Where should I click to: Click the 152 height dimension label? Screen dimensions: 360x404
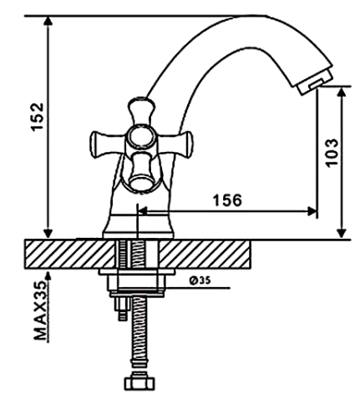click(x=37, y=117)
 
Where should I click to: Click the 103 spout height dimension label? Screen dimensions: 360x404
click(x=332, y=153)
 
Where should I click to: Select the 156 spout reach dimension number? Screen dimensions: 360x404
click(x=227, y=200)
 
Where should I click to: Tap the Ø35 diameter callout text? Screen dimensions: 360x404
click(x=200, y=280)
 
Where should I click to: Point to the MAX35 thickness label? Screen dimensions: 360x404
click(x=40, y=311)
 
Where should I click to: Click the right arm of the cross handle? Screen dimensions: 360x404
click(x=175, y=143)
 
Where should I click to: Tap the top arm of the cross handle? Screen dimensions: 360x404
click(x=141, y=111)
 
